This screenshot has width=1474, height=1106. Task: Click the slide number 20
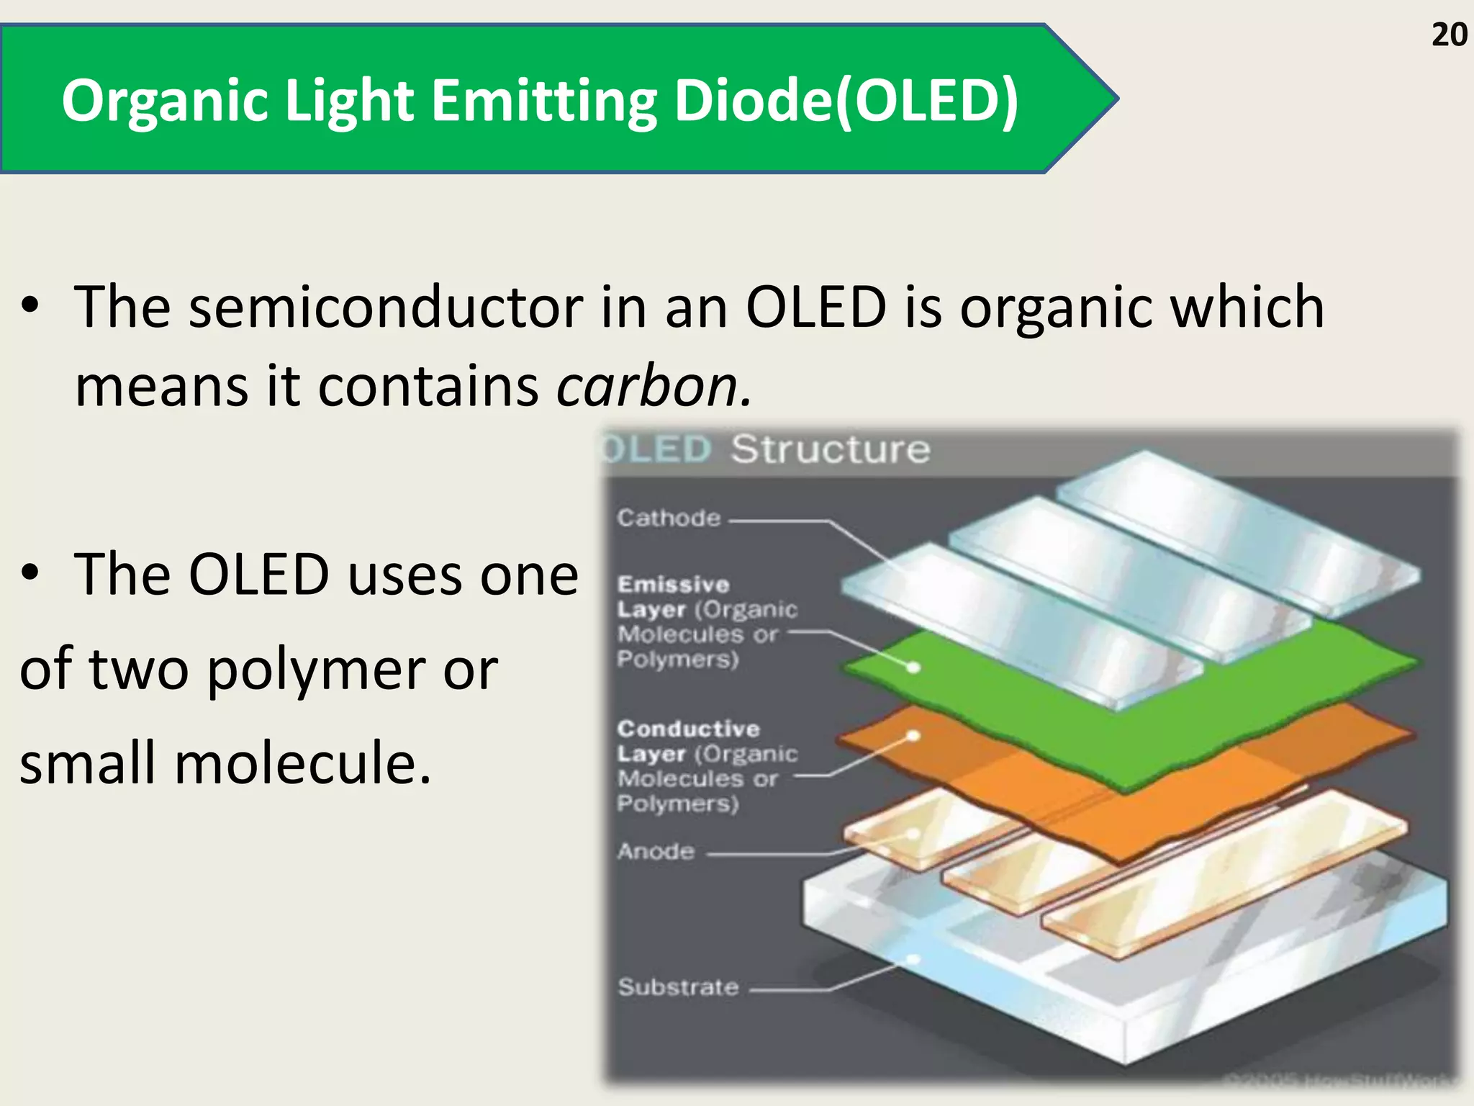1449,35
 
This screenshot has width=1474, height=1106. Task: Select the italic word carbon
654,386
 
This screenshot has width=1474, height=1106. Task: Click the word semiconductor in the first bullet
386,307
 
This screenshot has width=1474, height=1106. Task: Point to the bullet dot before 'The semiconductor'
30,307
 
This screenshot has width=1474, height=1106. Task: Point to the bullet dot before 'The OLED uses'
30,574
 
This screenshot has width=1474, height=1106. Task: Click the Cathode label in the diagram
669,518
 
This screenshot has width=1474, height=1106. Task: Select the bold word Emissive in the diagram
674,584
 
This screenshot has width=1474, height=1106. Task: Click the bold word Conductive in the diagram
688,729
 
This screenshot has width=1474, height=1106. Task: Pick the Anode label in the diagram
656,852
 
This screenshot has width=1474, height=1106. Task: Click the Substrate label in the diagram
678,986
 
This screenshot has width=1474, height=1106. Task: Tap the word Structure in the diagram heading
831,449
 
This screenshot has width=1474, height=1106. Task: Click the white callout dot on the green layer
913,667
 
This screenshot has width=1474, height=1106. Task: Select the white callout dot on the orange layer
913,735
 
